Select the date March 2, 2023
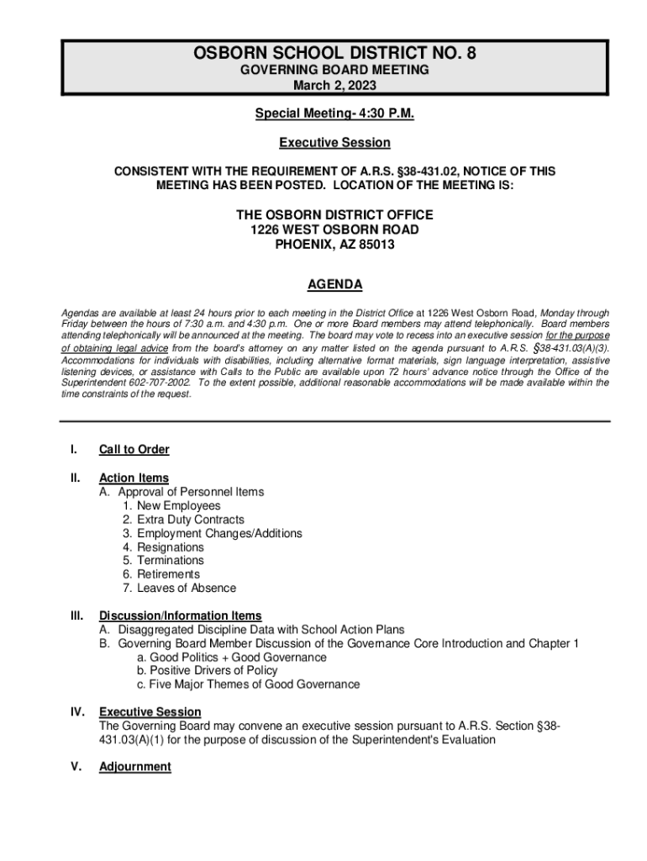(334, 85)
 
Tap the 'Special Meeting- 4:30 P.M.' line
(334, 113)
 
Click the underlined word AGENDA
(334, 284)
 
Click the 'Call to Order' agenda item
(134, 450)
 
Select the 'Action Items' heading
(134, 478)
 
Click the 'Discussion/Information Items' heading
(180, 615)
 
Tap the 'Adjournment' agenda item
(134, 767)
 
